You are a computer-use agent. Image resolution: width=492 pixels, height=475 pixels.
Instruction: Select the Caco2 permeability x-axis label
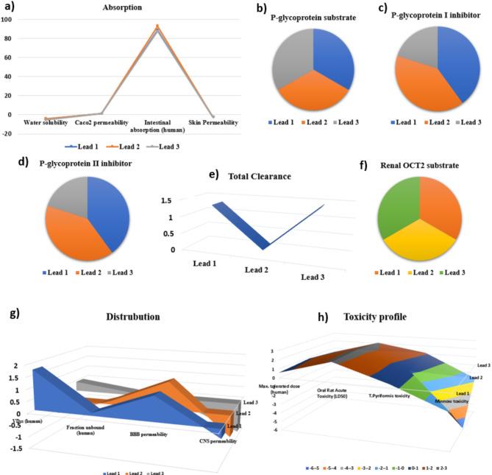[x=101, y=122]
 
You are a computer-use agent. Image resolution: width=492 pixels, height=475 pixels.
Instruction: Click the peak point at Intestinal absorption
[x=156, y=27]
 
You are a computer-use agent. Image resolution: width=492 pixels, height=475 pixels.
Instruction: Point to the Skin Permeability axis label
[x=213, y=122]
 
